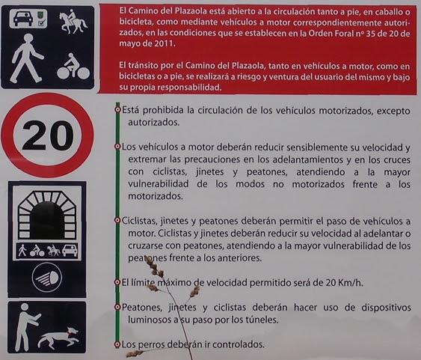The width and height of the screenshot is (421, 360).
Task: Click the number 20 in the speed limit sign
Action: (x=48, y=135)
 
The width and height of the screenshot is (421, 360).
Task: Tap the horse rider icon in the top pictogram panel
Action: (x=73, y=22)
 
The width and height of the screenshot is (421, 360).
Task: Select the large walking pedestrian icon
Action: (x=26, y=58)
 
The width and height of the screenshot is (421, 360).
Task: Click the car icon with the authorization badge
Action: (x=28, y=18)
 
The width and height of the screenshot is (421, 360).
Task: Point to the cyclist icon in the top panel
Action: (x=73, y=66)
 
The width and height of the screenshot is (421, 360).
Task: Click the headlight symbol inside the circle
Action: (x=46, y=278)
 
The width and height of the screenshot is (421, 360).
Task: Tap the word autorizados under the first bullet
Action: (x=153, y=123)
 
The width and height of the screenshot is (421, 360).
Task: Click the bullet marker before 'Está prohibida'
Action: (x=117, y=109)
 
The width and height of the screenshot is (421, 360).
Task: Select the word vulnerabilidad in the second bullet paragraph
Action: (x=158, y=184)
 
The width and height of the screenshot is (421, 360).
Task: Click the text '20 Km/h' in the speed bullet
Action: (x=344, y=283)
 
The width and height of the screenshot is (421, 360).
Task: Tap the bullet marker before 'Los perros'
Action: (x=117, y=344)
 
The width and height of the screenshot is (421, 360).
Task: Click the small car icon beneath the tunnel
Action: (x=70, y=251)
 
